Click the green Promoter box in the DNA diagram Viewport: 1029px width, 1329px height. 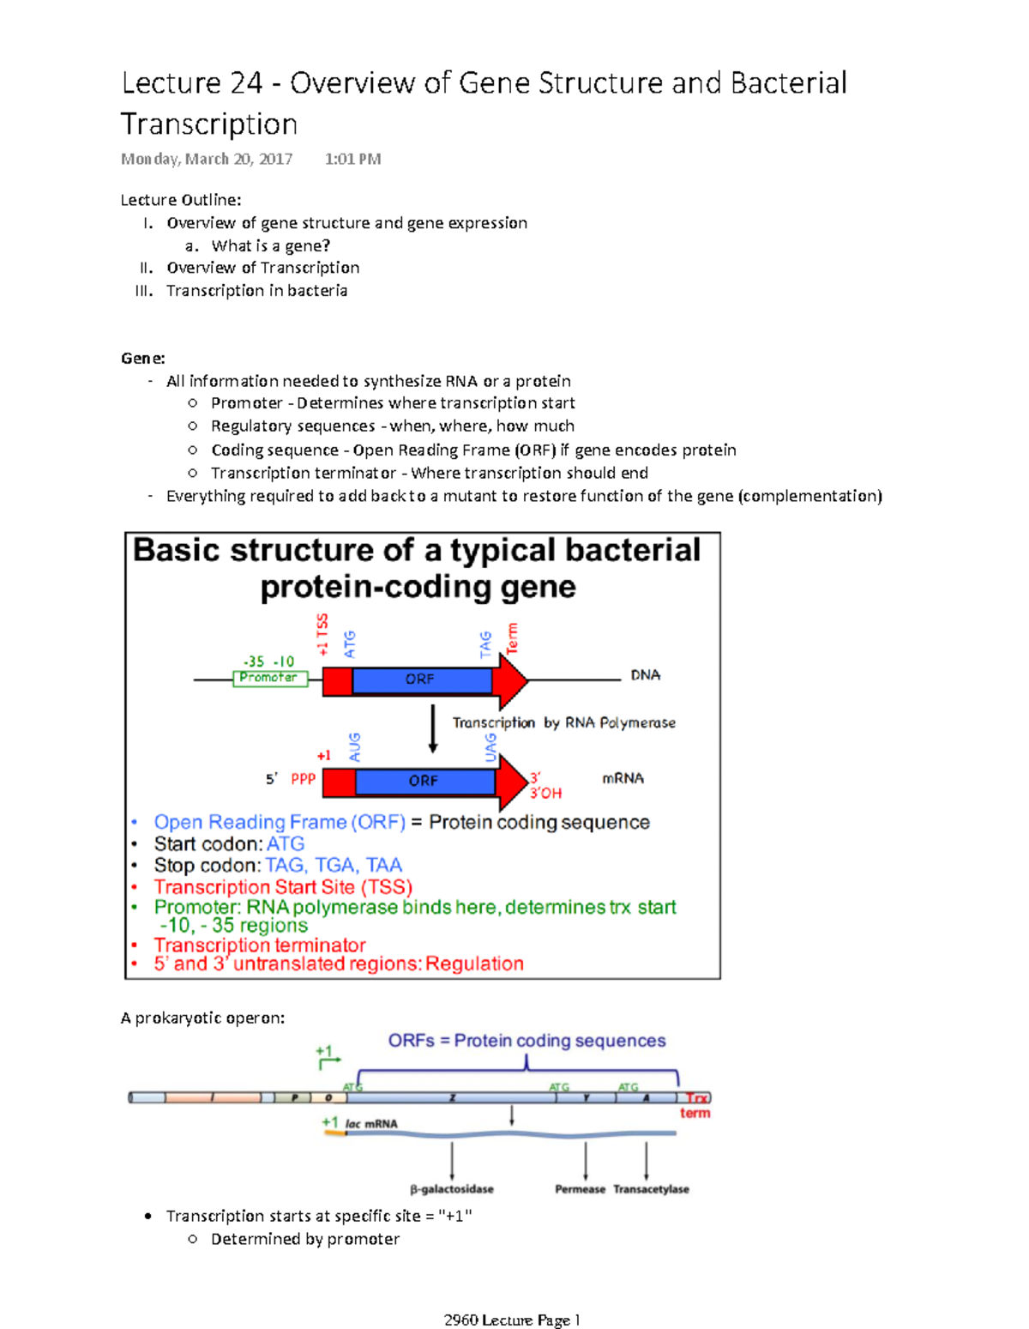(270, 679)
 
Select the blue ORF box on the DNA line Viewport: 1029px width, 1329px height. (420, 680)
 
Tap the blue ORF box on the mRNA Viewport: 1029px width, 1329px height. (424, 781)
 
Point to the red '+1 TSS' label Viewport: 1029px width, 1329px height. (322, 634)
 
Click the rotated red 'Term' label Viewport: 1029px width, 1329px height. (513, 638)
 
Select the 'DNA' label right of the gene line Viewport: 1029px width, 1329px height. (645, 675)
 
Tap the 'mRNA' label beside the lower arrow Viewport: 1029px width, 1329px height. (623, 778)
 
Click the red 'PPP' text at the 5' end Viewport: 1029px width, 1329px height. (304, 778)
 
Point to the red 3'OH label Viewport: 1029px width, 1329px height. (546, 793)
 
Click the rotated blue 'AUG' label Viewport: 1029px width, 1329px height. (355, 746)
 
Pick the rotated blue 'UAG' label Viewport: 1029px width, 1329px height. (490, 746)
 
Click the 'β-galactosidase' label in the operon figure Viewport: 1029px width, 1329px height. (452, 1189)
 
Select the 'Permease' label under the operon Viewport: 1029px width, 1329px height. (580, 1189)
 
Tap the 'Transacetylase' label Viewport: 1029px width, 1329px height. (651, 1189)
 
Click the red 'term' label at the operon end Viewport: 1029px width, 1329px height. (695, 1113)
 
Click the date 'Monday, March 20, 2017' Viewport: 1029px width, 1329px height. (207, 159)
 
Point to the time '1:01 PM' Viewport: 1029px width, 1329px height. (352, 159)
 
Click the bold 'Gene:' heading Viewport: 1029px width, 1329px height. (142, 358)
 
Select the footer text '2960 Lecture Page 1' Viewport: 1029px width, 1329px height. (512, 1320)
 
